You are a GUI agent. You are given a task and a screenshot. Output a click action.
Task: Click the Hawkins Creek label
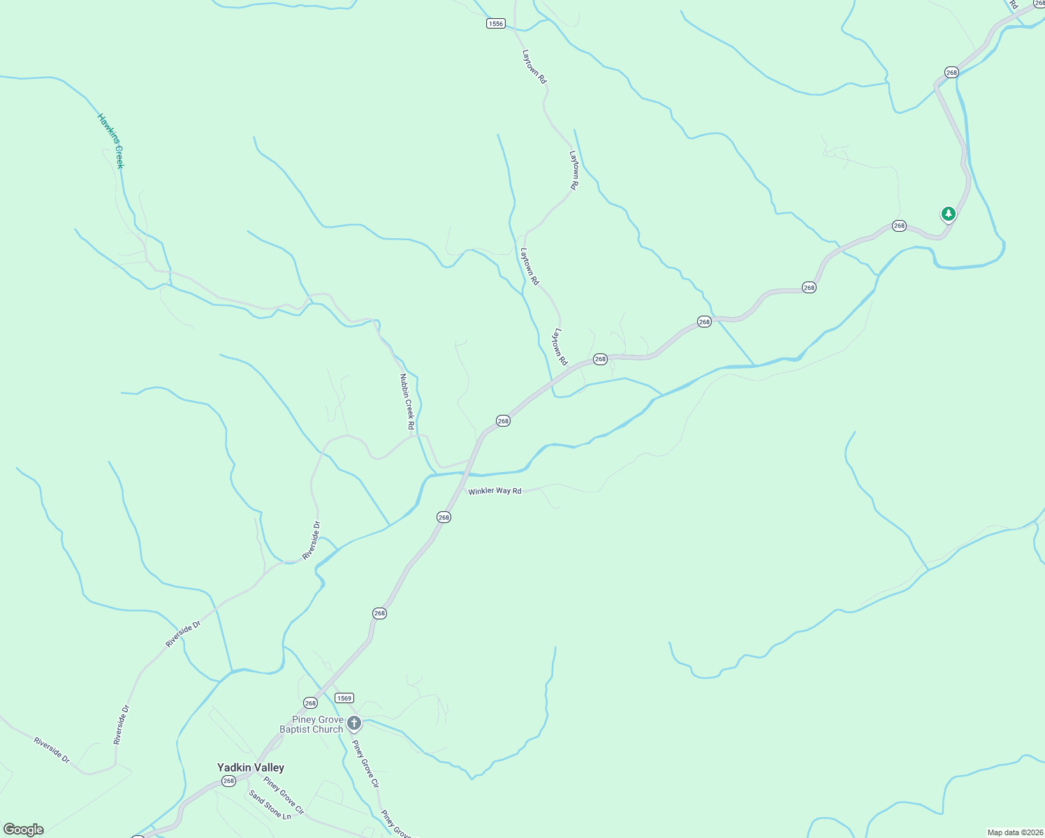110,141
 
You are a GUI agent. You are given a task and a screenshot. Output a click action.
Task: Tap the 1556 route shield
495,24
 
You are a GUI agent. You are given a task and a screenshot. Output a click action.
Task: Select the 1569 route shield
344,698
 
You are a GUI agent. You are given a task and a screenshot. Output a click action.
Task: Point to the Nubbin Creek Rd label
407,402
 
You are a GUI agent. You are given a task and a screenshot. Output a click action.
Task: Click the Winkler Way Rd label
495,491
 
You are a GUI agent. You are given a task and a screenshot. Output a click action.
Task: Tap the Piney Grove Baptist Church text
312,725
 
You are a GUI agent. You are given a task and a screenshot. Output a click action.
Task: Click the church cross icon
354,723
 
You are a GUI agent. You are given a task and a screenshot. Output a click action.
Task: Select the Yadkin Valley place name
251,767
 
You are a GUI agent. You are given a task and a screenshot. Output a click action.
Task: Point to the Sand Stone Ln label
270,804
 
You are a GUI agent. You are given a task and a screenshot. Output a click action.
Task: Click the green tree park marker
948,214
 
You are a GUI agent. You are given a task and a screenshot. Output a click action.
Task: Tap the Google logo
23,830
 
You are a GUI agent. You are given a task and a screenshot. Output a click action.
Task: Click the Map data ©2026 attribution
1014,832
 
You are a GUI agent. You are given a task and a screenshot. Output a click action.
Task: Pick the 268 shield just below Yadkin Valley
228,781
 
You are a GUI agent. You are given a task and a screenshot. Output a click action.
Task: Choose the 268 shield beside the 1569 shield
310,703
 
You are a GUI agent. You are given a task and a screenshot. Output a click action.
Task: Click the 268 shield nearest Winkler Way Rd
444,517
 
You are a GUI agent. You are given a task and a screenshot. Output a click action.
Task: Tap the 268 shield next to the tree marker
899,226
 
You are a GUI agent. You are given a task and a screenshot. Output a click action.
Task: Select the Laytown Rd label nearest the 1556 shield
534,66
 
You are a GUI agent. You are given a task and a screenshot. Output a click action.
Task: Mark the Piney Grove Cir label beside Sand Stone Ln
284,795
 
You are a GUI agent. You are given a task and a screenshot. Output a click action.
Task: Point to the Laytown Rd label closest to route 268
561,347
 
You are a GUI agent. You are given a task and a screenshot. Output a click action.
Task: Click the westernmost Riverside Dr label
52,749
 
